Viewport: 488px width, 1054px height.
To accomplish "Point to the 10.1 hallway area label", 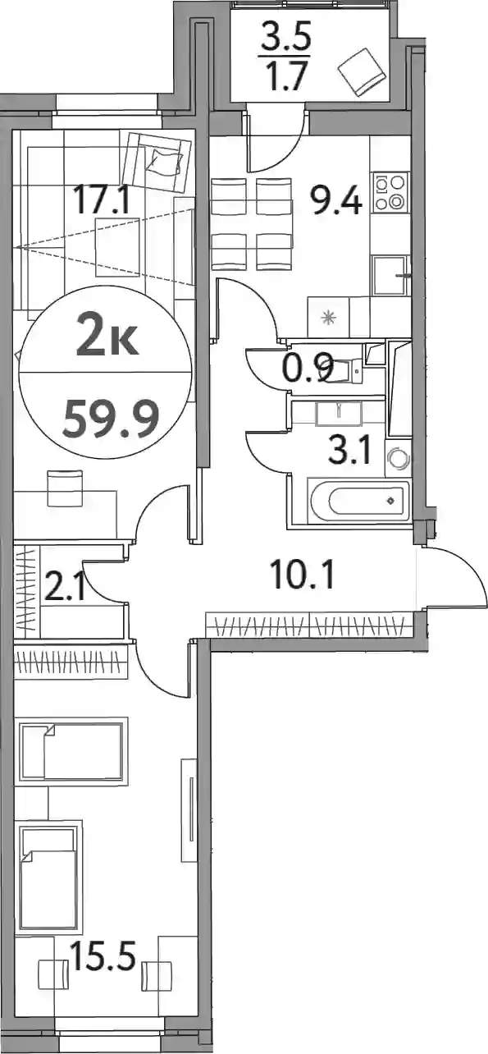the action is click(x=303, y=575).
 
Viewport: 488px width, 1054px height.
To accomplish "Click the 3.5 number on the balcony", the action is click(x=286, y=34).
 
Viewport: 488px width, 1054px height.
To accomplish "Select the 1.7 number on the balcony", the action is click(x=286, y=75).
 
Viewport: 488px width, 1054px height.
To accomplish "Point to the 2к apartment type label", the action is click(x=107, y=337).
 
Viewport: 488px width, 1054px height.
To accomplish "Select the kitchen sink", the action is click(x=390, y=276).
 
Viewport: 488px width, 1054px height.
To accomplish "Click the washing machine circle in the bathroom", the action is click(x=397, y=458).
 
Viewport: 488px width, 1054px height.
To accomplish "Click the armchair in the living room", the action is click(x=157, y=163).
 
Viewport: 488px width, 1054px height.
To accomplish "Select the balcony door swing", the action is click(x=278, y=140).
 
